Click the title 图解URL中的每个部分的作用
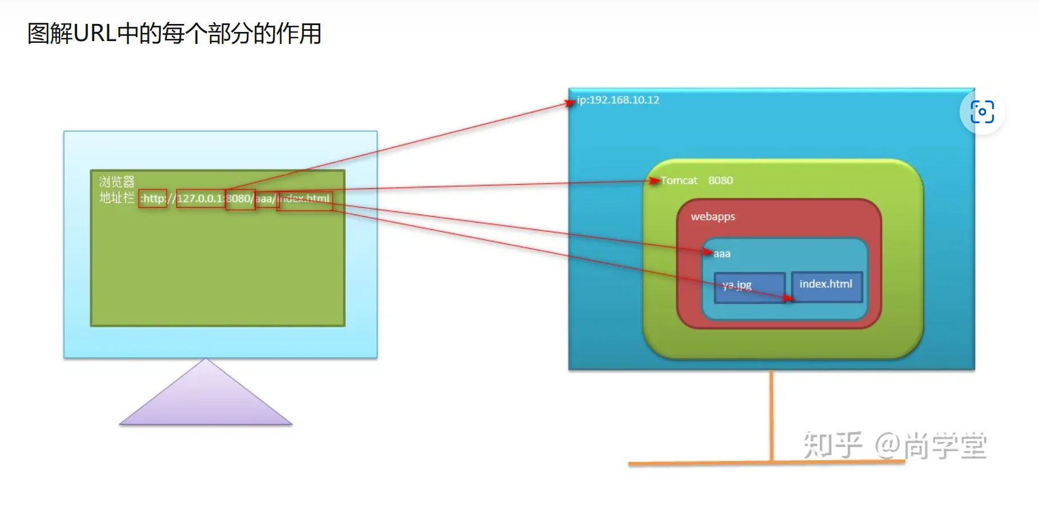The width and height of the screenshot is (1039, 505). point(175,34)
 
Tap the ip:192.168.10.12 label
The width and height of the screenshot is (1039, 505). point(618,100)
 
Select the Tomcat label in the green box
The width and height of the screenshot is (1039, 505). point(679,180)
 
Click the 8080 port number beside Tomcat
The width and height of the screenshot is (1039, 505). point(720,180)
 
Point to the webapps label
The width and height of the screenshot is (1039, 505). point(713,217)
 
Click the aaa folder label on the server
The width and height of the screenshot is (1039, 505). point(722,254)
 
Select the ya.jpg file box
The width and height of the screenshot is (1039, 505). point(749,287)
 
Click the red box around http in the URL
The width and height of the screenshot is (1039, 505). point(153,199)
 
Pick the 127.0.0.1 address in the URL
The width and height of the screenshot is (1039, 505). point(200,199)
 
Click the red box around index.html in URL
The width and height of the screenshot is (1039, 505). point(305,200)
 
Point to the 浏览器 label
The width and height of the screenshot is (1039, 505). point(117,182)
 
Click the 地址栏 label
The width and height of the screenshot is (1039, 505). point(117,197)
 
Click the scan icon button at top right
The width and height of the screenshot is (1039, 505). point(982,112)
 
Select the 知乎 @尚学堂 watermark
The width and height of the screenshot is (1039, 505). point(895,445)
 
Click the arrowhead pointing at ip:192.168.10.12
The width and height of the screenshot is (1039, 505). point(570,103)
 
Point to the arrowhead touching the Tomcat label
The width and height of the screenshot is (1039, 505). point(654,181)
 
